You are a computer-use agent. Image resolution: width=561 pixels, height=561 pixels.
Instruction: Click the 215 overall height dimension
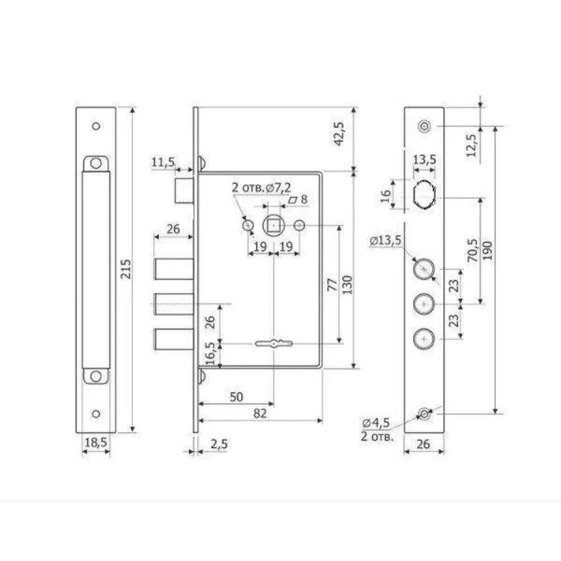pos(125,269)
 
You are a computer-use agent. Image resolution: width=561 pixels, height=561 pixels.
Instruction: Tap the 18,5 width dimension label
pos(96,443)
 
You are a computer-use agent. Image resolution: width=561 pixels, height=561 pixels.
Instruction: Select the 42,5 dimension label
pos(338,133)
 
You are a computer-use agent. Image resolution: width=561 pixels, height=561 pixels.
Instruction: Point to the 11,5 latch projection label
pos(163,162)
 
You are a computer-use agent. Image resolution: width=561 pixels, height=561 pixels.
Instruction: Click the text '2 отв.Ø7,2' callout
pos(261,187)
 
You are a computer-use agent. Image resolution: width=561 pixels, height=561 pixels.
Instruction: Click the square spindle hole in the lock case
pos(274,226)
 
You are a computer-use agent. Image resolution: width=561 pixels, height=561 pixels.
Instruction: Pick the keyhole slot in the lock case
pos(274,343)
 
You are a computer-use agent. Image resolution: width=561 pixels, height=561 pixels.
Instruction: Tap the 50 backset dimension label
pos(236,396)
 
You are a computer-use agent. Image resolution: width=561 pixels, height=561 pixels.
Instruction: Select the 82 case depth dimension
pos(260,413)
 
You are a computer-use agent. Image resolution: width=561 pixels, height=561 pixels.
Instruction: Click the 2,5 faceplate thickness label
pos(219,444)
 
